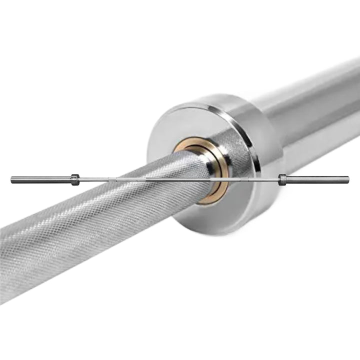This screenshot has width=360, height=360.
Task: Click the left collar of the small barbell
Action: (x=75, y=179)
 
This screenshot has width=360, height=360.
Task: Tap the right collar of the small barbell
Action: (x=282, y=179)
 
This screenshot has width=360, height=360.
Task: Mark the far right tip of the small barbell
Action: (x=348, y=178)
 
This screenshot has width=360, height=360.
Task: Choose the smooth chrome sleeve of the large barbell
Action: (x=310, y=110)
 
